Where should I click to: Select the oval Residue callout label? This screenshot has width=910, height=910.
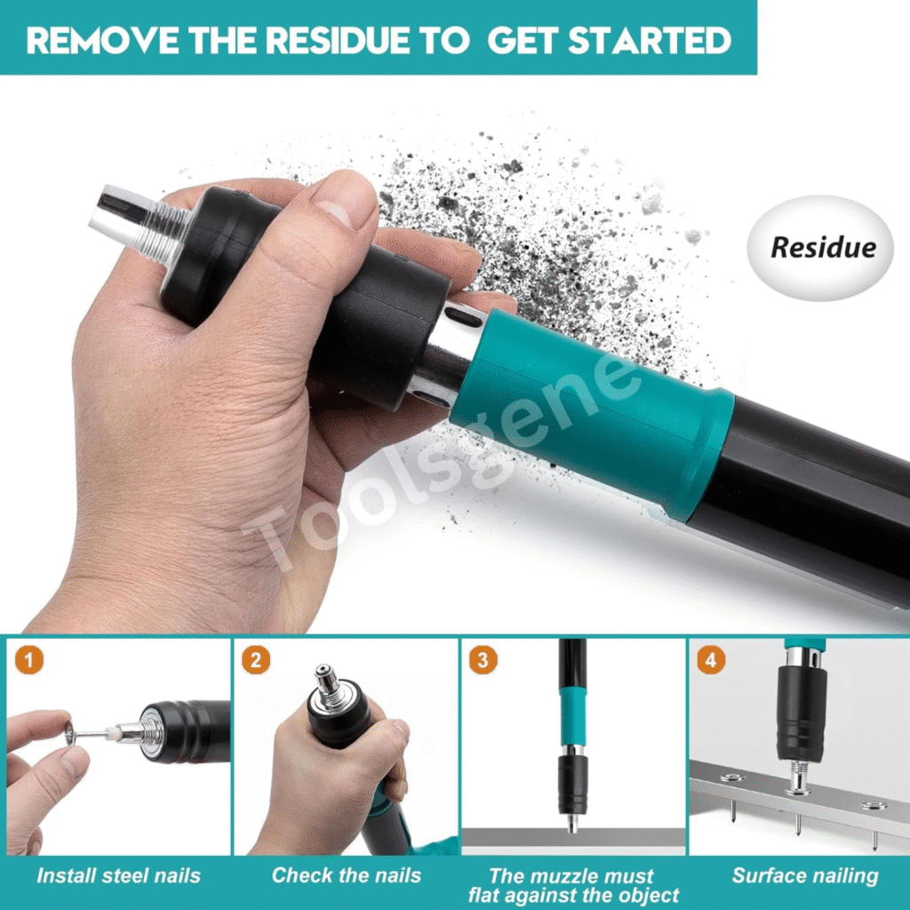pyautogui.click(x=820, y=248)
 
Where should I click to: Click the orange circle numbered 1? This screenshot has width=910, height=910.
pyautogui.click(x=29, y=660)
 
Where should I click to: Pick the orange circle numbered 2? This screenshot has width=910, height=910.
pyautogui.click(x=255, y=660)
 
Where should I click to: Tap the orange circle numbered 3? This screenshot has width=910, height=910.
pyautogui.click(x=483, y=660)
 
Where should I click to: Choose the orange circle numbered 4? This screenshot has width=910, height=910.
pyautogui.click(x=711, y=660)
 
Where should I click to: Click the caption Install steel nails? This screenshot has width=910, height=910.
pyautogui.click(x=118, y=875)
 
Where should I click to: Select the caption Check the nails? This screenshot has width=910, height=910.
pyautogui.click(x=347, y=875)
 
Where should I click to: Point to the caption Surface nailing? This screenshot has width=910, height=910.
pyautogui.click(x=805, y=875)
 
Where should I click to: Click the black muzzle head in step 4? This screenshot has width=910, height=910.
pyautogui.click(x=802, y=714)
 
